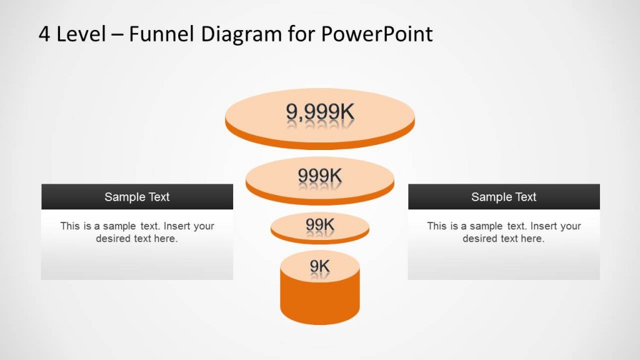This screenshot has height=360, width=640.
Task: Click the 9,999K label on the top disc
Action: [x=320, y=112]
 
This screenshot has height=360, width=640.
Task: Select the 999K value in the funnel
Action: [x=320, y=176]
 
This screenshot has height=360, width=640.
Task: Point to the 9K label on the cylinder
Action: [x=320, y=267]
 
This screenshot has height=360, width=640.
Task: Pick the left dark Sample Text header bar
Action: [x=137, y=197]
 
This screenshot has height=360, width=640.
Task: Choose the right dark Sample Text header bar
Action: [x=504, y=197]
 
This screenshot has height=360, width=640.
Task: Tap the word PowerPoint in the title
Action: [x=377, y=34]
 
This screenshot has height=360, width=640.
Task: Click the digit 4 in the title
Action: [x=44, y=34]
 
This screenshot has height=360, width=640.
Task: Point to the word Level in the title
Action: [x=81, y=34]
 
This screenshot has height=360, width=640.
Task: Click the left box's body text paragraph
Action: [x=137, y=232]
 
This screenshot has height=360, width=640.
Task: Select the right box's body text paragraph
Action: [x=504, y=232]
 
